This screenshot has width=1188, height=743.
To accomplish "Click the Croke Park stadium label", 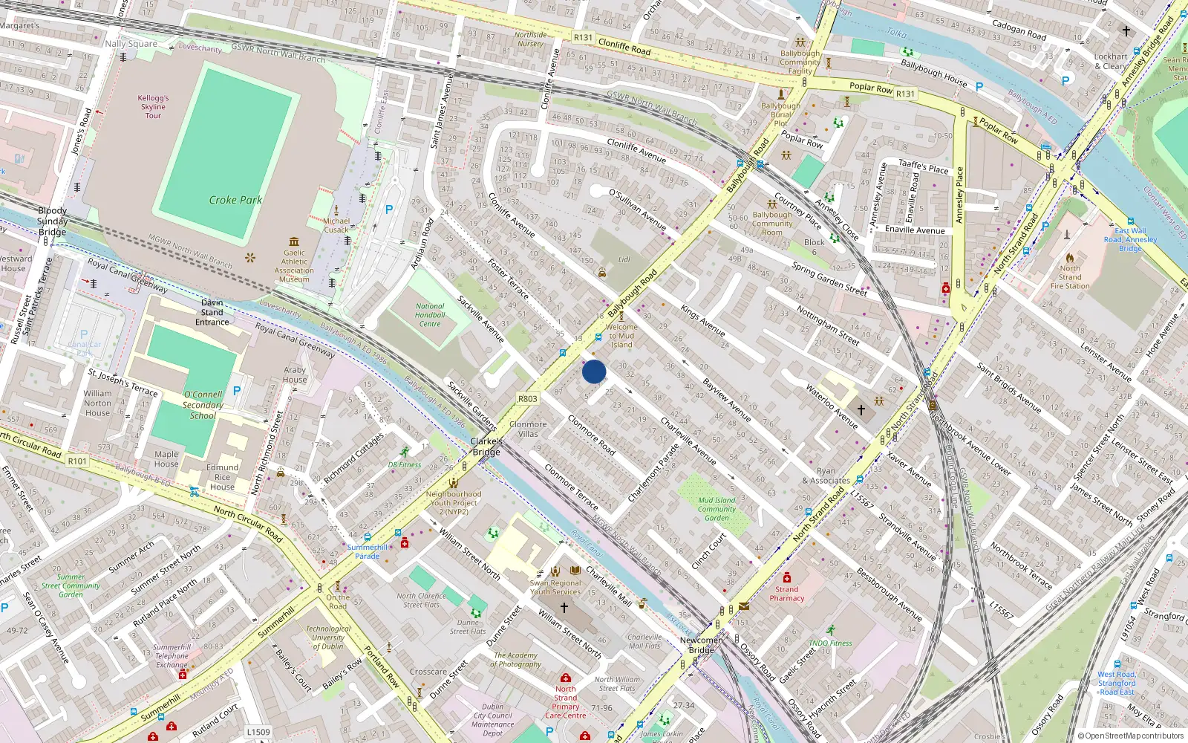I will [x=235, y=200].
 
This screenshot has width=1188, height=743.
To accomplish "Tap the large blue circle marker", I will [x=594, y=371].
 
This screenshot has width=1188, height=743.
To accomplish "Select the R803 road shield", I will [x=527, y=399].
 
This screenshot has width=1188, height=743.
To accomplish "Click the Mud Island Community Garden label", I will [x=717, y=509].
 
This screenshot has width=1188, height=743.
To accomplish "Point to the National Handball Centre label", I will [x=430, y=315].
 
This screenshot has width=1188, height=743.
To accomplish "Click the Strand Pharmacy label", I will [x=787, y=594].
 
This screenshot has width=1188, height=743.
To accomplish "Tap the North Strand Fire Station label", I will [x=1070, y=277].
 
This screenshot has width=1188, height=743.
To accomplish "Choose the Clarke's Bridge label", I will [x=486, y=447].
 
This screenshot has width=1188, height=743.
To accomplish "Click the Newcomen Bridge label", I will [x=701, y=645].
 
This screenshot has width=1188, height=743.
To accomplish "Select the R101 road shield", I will [x=77, y=461].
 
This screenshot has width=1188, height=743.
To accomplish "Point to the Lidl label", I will [x=624, y=260].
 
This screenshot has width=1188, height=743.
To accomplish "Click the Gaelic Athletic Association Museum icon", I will [x=294, y=241].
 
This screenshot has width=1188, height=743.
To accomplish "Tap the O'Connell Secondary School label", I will [x=203, y=405].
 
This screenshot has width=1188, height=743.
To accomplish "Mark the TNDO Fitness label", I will [x=830, y=643].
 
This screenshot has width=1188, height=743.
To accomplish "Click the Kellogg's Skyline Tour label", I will [x=153, y=106].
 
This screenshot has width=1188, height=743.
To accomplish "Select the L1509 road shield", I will [x=258, y=732].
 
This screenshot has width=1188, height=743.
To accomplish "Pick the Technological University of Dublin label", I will [x=328, y=637].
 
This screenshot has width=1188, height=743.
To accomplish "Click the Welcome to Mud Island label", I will [x=621, y=336].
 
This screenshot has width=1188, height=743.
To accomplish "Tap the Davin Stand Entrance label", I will [x=212, y=312].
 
